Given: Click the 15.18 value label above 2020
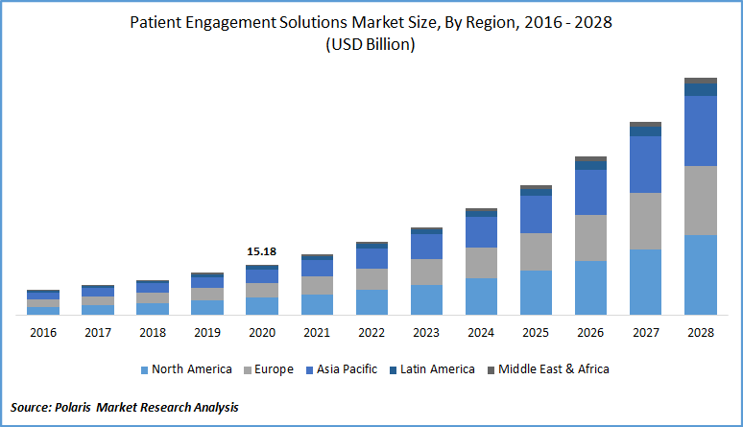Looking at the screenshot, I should [262, 251].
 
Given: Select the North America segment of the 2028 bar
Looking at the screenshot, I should [701, 274].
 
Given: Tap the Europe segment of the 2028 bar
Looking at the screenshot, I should [701, 201].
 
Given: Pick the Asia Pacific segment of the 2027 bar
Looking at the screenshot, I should [646, 164].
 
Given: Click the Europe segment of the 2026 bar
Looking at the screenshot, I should [591, 238].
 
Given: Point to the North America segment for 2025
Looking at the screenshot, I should [536, 293].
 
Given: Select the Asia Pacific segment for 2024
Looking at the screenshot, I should [481, 232].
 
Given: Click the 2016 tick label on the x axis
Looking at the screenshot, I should [43, 332].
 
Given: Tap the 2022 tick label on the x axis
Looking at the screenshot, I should [371, 332].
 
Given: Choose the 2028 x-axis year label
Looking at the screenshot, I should [701, 332].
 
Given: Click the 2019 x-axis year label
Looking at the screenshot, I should [207, 332].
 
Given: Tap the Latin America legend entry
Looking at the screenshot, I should [438, 369].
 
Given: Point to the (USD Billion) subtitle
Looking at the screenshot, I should [371, 45].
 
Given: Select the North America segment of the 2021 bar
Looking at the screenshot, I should [317, 304].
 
